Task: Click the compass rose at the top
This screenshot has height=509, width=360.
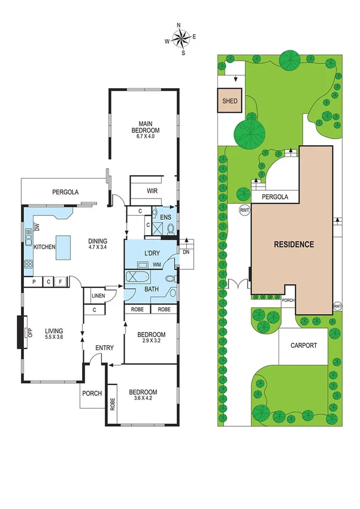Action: (180, 38)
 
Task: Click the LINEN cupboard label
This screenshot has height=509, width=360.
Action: (98, 295)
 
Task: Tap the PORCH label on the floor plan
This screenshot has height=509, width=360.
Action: (93, 394)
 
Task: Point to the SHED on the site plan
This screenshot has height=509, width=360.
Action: (231, 101)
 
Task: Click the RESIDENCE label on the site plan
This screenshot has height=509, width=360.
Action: (294, 245)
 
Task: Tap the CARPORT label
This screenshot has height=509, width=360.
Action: (303, 346)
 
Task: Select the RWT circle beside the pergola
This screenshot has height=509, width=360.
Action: (244, 210)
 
